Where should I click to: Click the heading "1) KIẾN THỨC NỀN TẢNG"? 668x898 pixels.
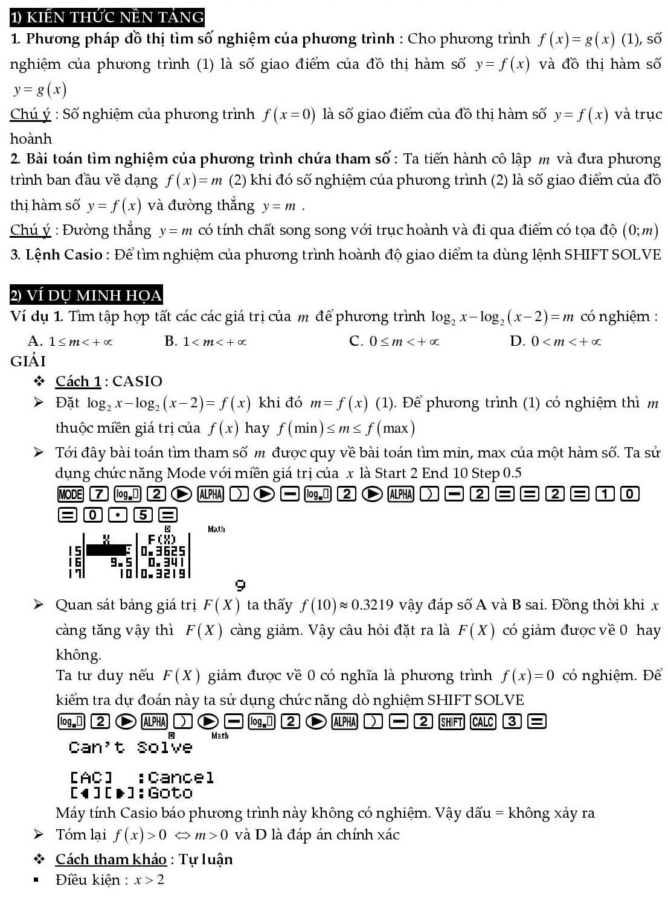107,17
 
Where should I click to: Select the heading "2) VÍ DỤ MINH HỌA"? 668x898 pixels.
86,295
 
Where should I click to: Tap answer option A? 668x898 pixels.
70,342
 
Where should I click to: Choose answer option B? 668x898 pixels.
205,342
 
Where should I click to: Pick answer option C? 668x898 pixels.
394,342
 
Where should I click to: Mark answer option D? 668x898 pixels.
555,342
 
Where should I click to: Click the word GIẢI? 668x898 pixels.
28,361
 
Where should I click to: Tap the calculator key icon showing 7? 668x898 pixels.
99,494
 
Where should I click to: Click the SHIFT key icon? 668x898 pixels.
452,721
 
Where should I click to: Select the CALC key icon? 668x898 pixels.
483,721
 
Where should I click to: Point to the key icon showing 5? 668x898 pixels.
143,515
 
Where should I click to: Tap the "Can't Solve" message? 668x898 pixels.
130,748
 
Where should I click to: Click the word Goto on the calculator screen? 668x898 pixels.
170,792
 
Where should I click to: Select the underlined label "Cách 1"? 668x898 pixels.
78,381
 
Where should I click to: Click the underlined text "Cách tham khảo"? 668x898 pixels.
111,859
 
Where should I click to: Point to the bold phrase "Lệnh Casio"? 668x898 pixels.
64,255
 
